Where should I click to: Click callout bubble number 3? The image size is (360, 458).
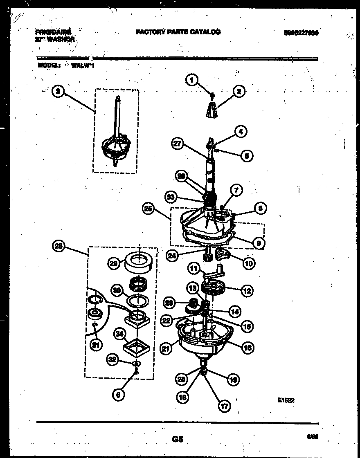(x=59, y=92)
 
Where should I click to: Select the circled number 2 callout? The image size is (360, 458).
(x=239, y=91)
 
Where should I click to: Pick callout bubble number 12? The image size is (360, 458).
(x=247, y=291)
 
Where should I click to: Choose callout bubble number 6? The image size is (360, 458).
(x=118, y=395)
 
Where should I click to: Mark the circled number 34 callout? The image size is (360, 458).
(x=120, y=335)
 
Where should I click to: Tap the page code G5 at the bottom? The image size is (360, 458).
(x=177, y=440)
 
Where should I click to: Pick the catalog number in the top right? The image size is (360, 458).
(x=301, y=34)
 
